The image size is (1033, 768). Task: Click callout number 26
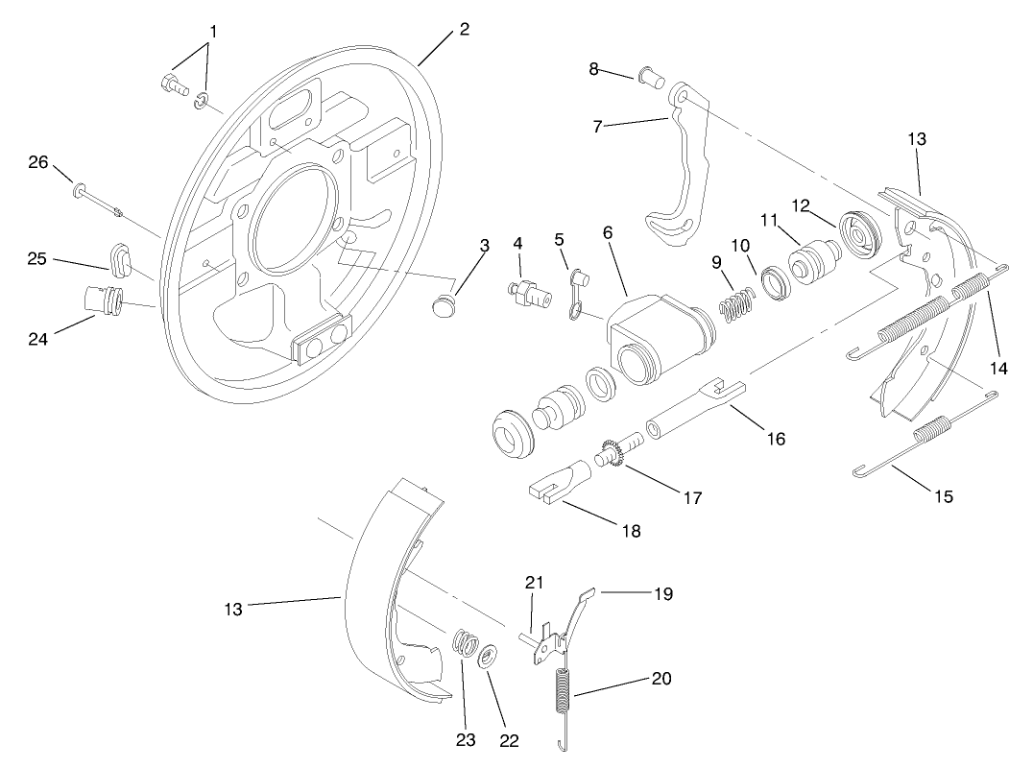pos(37,162)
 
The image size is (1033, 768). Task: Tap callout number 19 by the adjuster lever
pos(661,594)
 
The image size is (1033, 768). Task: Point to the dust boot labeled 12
pos(861,233)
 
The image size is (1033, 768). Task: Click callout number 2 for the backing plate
pos(464,29)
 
